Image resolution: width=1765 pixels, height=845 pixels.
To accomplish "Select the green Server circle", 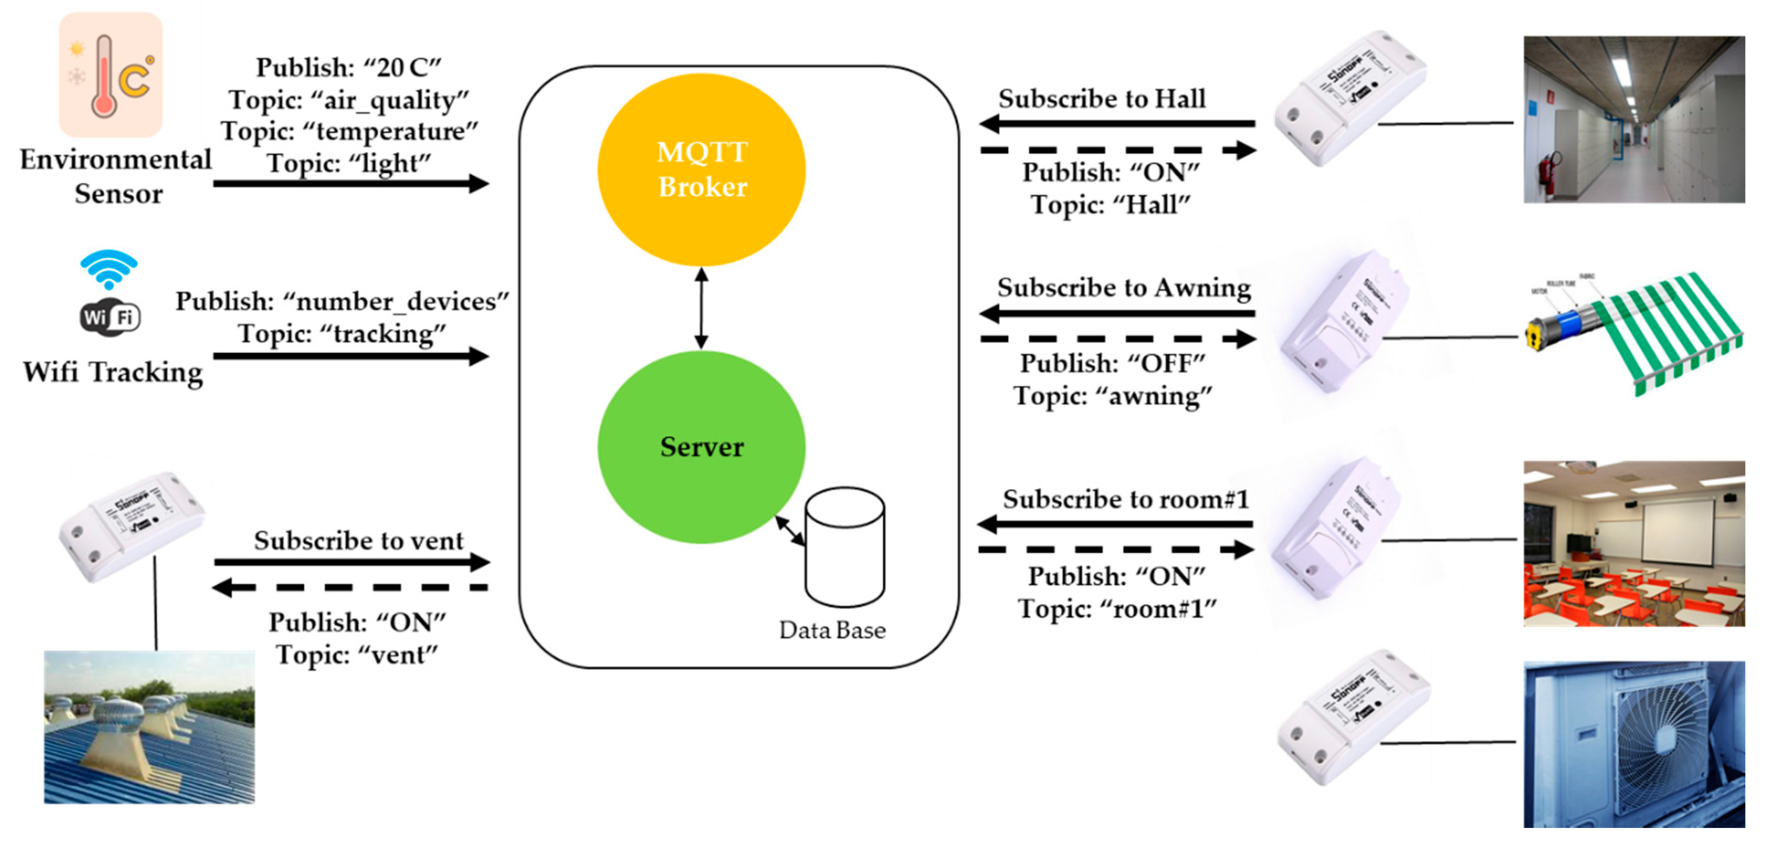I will click(701, 447).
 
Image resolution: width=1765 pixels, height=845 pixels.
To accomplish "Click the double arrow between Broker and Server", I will click(701, 308).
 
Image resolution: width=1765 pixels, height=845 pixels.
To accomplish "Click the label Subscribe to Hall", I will click(1102, 99).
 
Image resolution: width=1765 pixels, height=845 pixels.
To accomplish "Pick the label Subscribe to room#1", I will click(1126, 499).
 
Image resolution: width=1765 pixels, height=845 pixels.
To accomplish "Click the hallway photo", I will click(1633, 120).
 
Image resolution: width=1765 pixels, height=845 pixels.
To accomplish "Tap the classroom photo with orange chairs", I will click(1633, 543).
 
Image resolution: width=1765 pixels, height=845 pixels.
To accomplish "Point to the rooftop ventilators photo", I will click(149, 727).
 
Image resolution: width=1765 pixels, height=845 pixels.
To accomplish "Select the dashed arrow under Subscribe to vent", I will click(351, 587).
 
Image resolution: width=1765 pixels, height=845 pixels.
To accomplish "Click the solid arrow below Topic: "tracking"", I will click(351, 356).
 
